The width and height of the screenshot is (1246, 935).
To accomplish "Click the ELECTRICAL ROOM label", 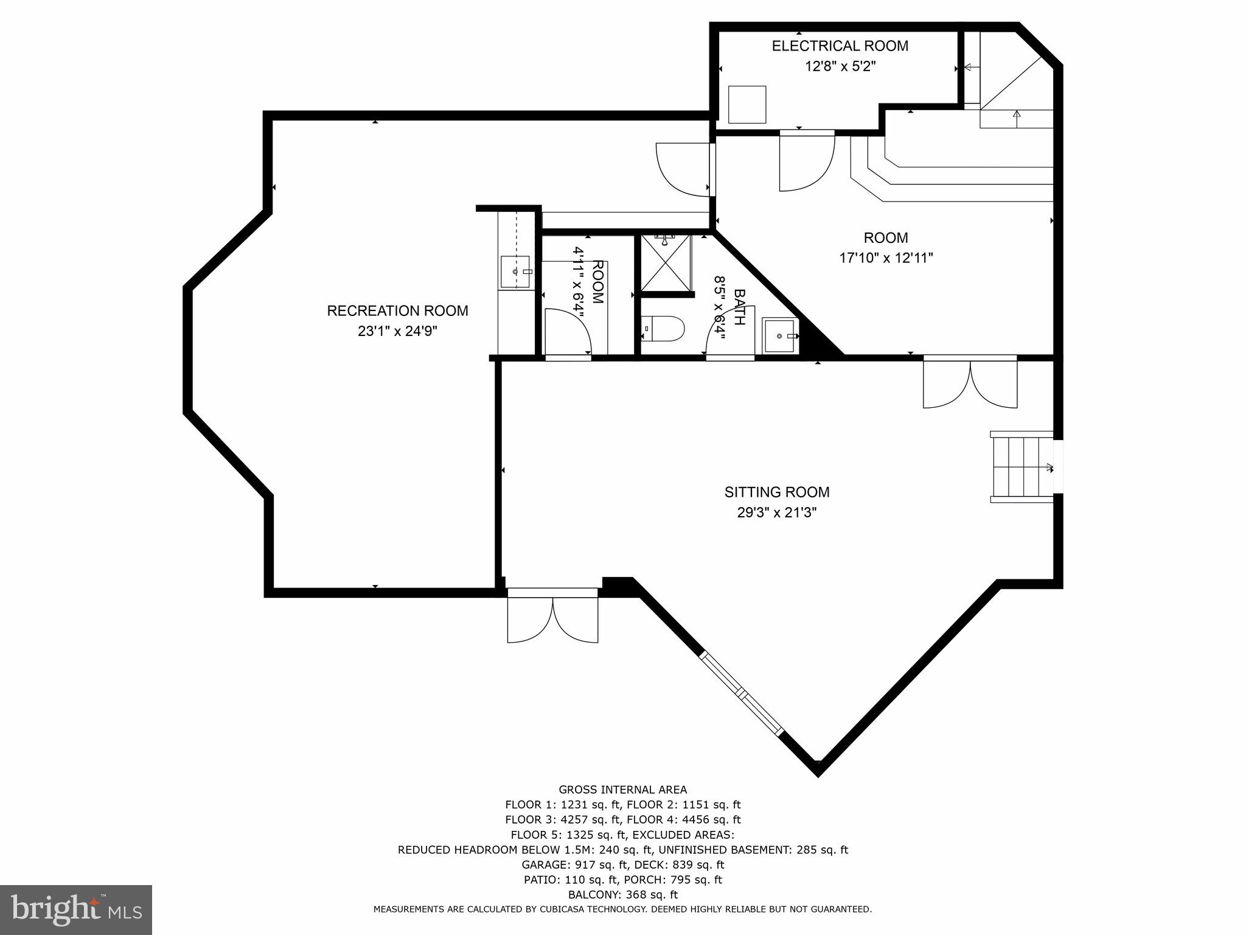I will pos(840,46).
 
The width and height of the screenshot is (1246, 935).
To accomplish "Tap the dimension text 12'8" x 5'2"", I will pos(840,66).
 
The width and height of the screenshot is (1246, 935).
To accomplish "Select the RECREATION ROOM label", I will pos(397,311).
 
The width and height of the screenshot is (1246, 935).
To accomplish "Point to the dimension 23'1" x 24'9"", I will pos(397,332).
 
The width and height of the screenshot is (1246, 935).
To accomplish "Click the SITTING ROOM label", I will pos(776,492).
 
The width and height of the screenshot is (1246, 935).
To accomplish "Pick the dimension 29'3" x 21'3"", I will pos(776,513).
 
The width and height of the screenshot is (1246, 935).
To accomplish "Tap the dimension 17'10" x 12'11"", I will pos(886,258).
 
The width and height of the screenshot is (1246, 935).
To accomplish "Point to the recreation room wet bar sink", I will pos(515,271).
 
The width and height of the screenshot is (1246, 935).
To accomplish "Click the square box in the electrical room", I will pos(747,104).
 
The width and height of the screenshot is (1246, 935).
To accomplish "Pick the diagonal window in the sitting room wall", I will pos(742,694).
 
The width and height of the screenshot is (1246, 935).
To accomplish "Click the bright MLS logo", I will pos(76,909).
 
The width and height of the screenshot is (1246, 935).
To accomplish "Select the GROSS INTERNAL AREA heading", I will pos(622,790).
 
